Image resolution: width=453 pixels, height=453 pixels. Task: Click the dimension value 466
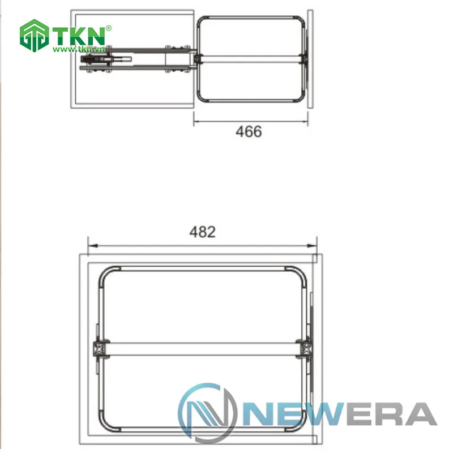[x=249, y=132]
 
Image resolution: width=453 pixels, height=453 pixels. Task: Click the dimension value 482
[x=202, y=232]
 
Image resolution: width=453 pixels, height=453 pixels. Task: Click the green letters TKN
[x=79, y=36]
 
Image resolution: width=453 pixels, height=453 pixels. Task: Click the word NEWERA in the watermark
[x=340, y=414]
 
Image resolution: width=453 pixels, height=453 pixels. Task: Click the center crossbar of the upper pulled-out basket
[x=249, y=59]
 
